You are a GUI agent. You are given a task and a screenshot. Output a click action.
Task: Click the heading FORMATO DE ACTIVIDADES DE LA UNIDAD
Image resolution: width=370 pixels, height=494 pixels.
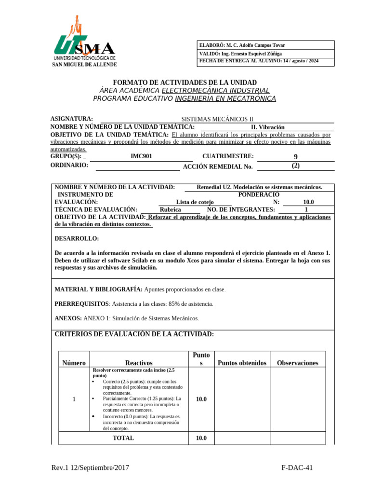[x=185, y=82]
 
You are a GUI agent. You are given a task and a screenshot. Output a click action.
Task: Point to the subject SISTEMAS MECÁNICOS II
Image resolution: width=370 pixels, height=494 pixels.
[x=217, y=119]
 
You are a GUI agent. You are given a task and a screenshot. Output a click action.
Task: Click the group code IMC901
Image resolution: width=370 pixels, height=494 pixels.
[x=145, y=156]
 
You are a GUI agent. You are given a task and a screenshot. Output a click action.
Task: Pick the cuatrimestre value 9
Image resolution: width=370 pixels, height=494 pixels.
[x=295, y=157]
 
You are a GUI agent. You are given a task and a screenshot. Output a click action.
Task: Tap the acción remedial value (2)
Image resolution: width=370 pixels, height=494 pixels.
[x=295, y=165]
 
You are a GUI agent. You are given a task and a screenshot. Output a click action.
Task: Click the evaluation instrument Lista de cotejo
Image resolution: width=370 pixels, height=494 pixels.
[x=195, y=202]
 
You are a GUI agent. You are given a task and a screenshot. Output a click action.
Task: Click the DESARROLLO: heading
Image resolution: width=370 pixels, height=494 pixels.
[x=77, y=238]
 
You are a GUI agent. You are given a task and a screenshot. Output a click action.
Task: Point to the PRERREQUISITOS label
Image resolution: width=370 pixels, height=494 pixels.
[x=81, y=304]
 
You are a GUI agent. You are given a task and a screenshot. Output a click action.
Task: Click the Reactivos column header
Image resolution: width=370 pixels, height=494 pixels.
[x=139, y=363]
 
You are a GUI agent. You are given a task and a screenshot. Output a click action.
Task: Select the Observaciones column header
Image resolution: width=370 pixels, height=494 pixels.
[x=297, y=363]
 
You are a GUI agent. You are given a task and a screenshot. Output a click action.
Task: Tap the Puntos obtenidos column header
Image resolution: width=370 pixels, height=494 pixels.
[x=242, y=363]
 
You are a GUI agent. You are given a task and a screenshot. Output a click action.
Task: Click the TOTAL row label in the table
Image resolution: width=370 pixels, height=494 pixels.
[x=123, y=438]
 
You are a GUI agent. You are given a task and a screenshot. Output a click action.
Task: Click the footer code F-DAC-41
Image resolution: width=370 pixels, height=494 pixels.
[x=297, y=467]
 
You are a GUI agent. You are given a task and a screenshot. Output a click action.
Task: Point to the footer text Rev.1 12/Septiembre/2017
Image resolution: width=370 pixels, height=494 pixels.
[x=90, y=467]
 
